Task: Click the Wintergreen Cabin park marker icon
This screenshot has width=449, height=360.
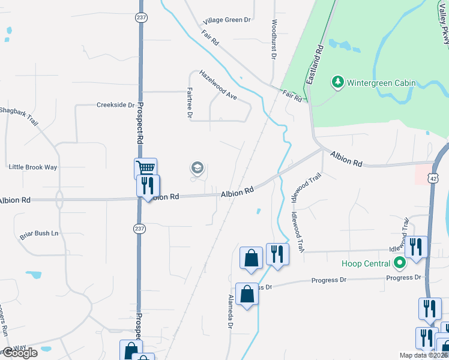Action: click(x=337, y=82)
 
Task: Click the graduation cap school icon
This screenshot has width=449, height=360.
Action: click(x=197, y=169)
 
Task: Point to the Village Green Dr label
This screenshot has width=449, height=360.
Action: click(x=226, y=20)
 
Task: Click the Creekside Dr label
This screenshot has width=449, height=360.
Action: click(x=116, y=104)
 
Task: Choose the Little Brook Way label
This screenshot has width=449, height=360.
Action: click(x=33, y=167)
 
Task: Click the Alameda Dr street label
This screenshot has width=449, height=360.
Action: click(x=230, y=311)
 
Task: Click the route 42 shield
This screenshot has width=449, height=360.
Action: click(x=433, y=177)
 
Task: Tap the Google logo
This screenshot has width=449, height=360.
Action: click(x=19, y=353)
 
